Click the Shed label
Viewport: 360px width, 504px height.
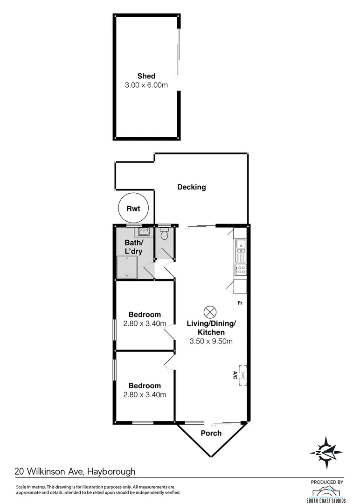(146, 76)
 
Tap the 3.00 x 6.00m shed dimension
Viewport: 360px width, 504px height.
(146, 85)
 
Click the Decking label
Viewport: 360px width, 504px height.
(191, 187)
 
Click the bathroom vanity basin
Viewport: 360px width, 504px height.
(144, 231)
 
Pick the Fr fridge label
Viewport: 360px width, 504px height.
(240, 303)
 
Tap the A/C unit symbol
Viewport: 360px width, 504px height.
(242, 375)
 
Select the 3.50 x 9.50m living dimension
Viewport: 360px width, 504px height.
(211, 341)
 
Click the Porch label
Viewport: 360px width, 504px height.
(211, 433)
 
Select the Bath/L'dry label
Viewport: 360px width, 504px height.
(133, 247)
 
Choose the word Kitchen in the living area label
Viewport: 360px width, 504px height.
(211, 332)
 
